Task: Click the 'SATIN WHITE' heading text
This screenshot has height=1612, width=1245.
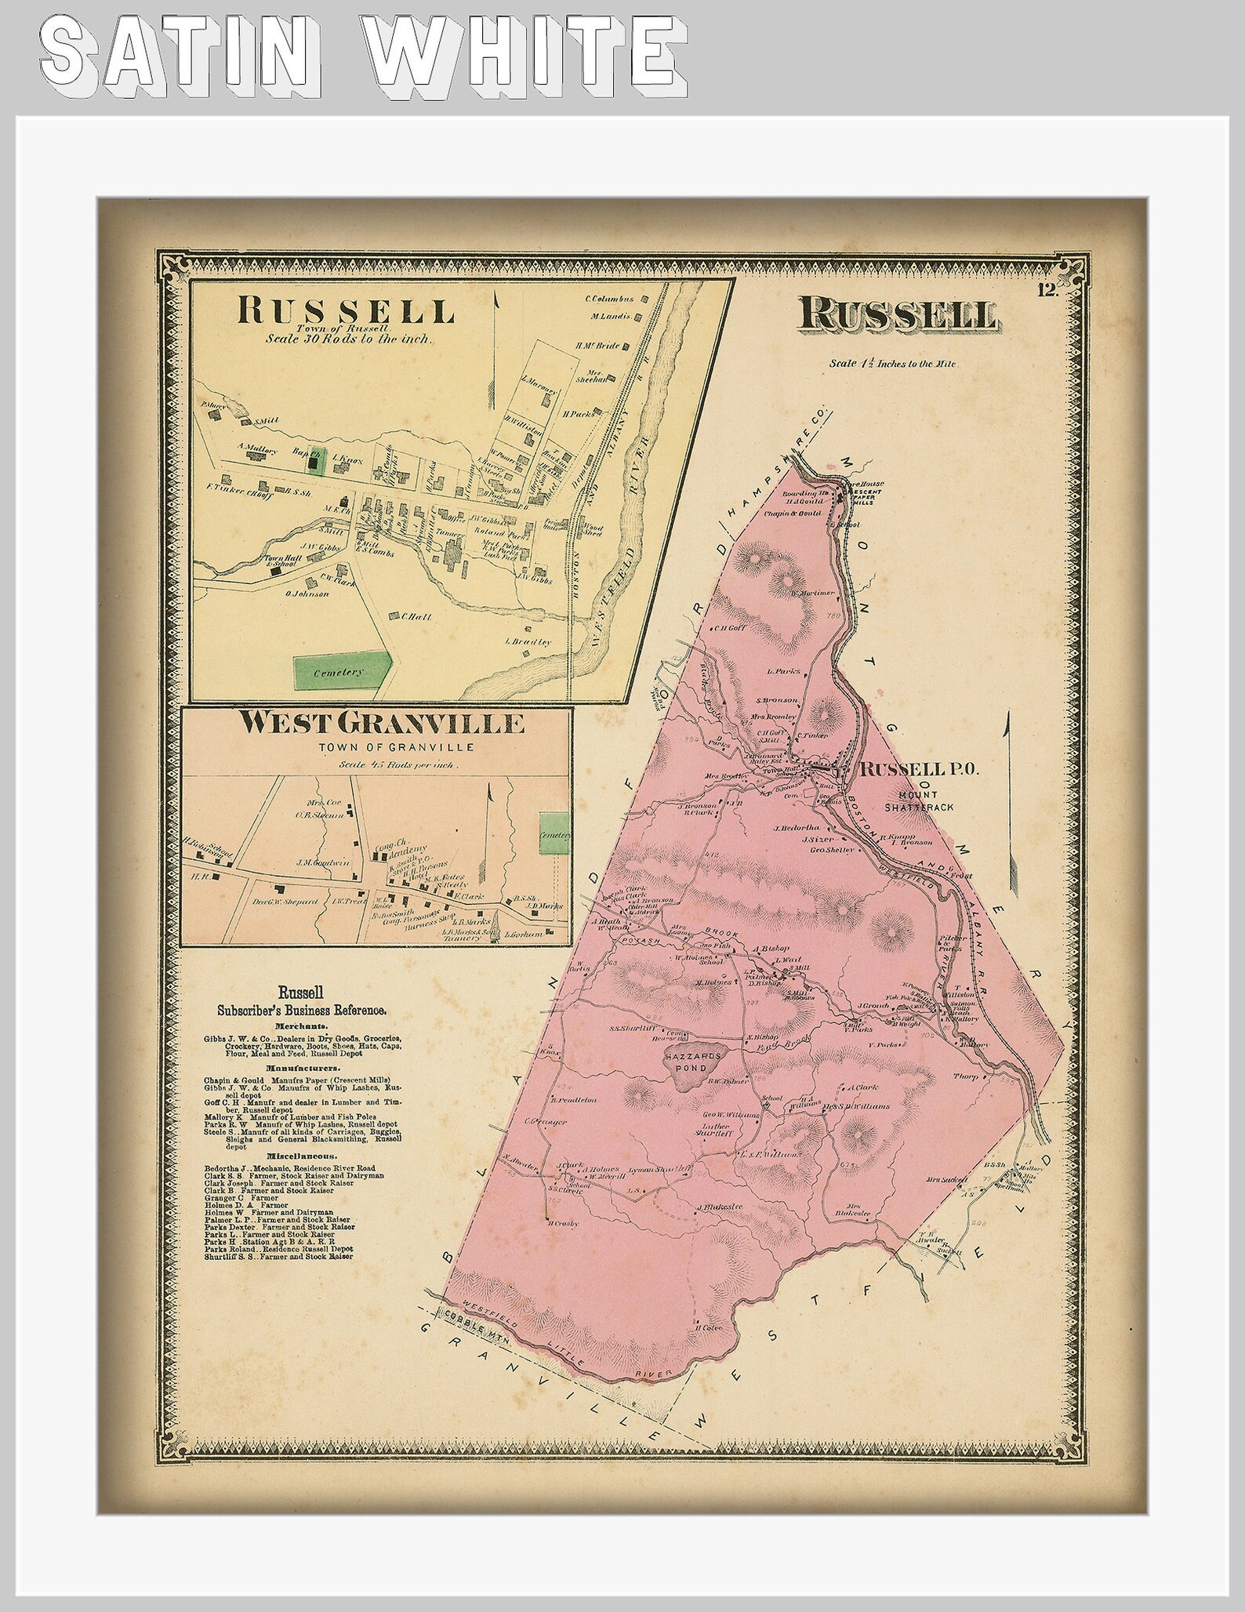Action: tap(361, 59)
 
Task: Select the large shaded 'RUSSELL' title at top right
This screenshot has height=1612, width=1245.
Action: tap(898, 315)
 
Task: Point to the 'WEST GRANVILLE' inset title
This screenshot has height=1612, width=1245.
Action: tap(381, 723)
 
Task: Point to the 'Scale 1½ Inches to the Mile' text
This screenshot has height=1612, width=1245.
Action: tap(893, 364)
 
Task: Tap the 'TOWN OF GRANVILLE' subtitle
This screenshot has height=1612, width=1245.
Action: tap(380, 746)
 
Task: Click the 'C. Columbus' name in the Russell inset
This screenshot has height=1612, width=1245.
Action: tap(608, 298)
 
